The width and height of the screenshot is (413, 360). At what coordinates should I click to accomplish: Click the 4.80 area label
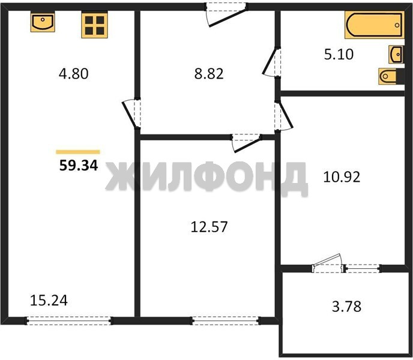(73, 74)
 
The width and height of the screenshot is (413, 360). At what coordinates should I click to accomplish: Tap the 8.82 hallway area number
(209, 74)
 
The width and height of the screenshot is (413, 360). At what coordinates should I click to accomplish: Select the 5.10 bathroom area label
(339, 55)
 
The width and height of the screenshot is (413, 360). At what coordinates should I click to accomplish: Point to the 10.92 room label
(342, 177)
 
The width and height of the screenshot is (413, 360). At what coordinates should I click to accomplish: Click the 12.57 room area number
(209, 227)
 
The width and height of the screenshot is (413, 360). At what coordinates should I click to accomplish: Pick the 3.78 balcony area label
(346, 307)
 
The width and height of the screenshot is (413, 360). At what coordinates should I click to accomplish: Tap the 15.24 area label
(49, 301)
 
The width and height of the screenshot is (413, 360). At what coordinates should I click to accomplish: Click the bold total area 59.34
(79, 166)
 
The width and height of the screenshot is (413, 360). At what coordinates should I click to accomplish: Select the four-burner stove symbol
(95, 25)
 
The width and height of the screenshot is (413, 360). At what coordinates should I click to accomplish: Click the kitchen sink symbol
(43, 22)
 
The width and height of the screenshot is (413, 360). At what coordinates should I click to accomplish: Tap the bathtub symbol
(375, 25)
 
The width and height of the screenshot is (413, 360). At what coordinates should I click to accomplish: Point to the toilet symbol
(388, 76)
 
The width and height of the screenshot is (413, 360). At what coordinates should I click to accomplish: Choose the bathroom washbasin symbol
(396, 55)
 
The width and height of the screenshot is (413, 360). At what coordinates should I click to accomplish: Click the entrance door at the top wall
(226, 14)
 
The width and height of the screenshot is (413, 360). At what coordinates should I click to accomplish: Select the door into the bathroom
(271, 62)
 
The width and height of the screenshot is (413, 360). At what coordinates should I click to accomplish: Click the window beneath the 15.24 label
(69, 320)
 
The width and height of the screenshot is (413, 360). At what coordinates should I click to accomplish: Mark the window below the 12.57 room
(225, 320)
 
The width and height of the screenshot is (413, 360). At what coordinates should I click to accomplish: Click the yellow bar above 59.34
(78, 152)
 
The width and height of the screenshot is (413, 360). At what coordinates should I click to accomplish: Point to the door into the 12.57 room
(247, 143)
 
